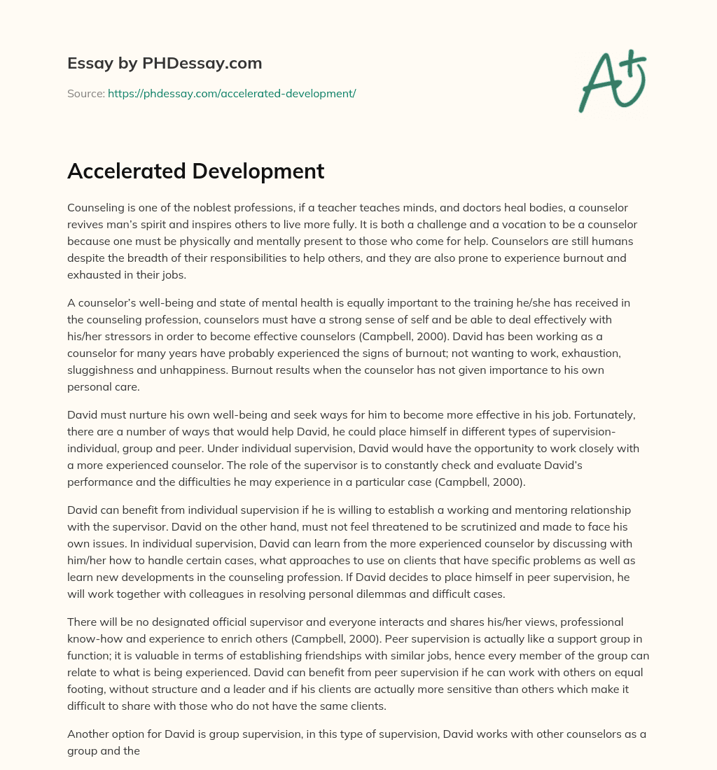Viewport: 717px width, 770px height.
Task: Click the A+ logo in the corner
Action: coord(611,82)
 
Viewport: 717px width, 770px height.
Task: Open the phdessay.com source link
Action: coord(232,93)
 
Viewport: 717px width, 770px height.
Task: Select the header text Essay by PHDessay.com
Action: coord(165,63)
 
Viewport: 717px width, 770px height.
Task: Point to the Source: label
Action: coord(86,93)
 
